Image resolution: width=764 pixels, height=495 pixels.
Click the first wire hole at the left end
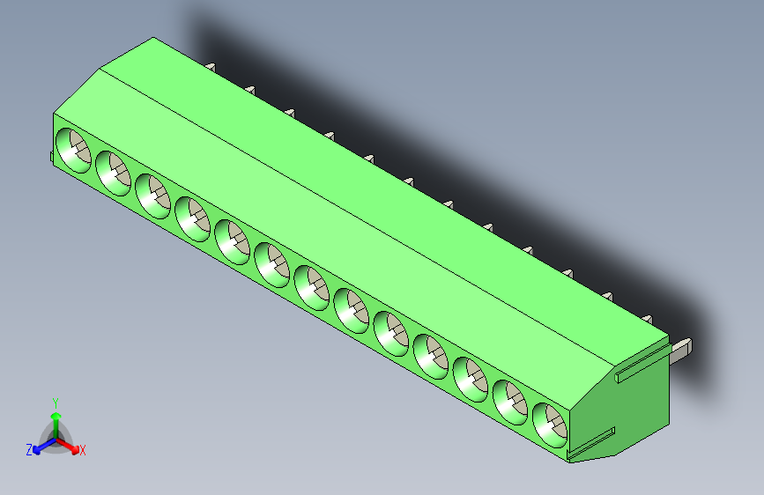click(73, 149)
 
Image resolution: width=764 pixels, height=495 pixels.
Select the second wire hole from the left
click(113, 172)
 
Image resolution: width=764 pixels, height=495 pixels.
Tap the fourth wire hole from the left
click(192, 218)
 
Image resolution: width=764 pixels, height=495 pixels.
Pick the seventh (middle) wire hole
click(311, 287)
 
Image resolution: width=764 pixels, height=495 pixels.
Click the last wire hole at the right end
click(549, 425)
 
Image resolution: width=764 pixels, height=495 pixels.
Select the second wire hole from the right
click(509, 402)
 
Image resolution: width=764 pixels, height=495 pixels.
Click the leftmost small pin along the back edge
click(211, 66)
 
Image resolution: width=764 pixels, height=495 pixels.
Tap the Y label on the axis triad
click(55, 402)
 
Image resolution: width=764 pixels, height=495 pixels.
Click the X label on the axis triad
click(83, 451)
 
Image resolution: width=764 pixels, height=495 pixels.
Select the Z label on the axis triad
click(29, 450)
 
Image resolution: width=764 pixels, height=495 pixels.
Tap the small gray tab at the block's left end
click(50, 157)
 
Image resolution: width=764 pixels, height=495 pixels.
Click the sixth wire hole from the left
click(271, 264)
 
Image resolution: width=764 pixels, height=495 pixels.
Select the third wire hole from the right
click(470, 379)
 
